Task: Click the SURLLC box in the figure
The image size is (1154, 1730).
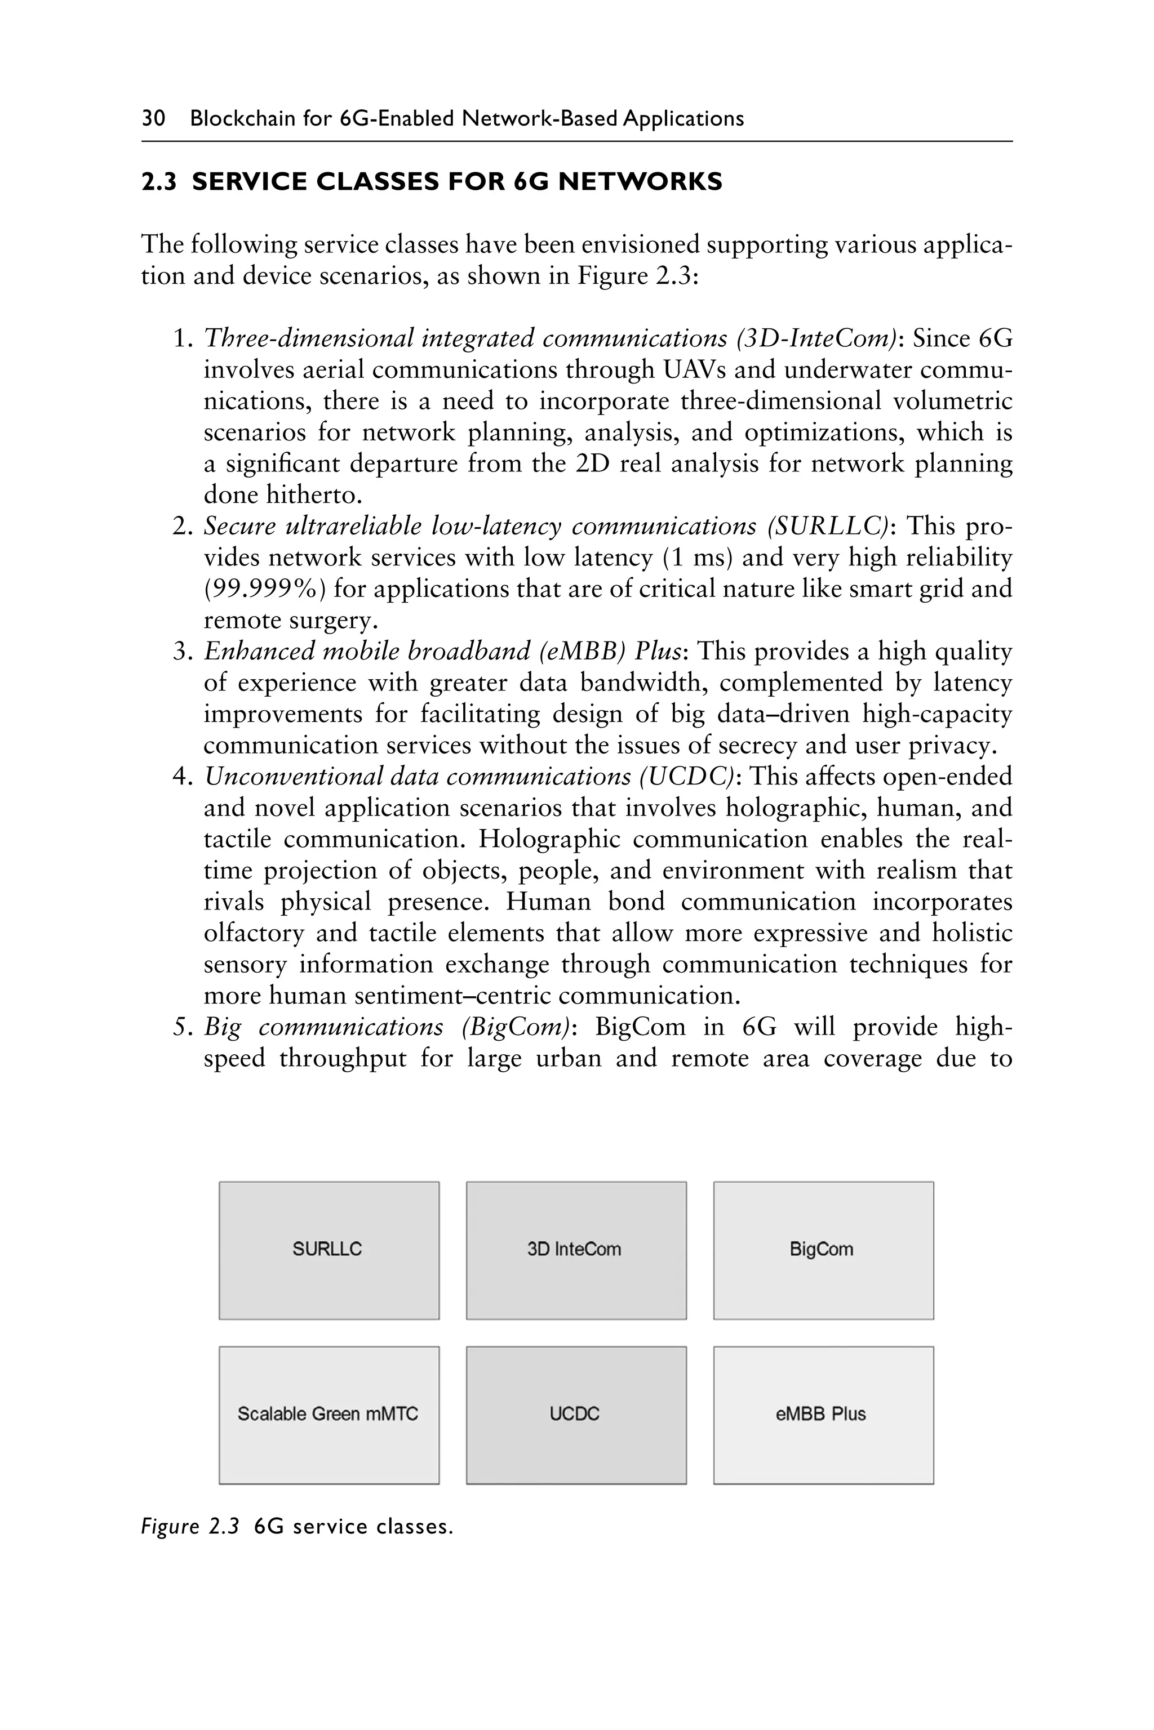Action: (329, 1250)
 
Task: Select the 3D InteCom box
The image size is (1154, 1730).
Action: (576, 1250)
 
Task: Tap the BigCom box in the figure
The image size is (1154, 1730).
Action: (824, 1250)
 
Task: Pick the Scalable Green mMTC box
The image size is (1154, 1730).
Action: (329, 1415)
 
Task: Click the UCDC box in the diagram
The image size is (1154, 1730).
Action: (576, 1415)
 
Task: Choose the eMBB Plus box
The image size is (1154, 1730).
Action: (824, 1415)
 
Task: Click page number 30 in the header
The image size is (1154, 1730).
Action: (154, 118)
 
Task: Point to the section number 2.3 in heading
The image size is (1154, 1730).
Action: (159, 182)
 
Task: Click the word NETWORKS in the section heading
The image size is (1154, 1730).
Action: (640, 182)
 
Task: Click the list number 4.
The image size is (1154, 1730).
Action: (181, 777)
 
